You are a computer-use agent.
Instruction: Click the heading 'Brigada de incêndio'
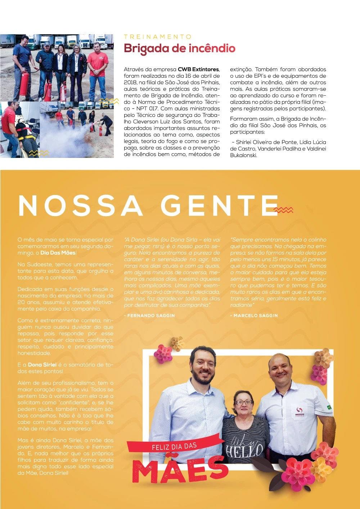tap(179, 49)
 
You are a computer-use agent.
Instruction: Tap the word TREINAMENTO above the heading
tap(158, 37)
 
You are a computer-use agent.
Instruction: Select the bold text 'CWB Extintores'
tap(198, 69)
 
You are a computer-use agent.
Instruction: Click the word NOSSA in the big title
tap(80, 206)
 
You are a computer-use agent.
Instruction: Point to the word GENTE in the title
tap(220, 206)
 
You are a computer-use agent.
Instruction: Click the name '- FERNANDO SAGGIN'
tap(149, 315)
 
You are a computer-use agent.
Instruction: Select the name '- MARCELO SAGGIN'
tap(254, 315)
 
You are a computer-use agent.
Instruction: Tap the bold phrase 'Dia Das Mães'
tap(58, 253)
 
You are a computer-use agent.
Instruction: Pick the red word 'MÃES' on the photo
tap(180, 469)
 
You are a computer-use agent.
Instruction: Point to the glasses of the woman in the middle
tap(244, 402)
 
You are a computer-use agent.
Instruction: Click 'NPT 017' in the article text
tap(147, 109)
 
